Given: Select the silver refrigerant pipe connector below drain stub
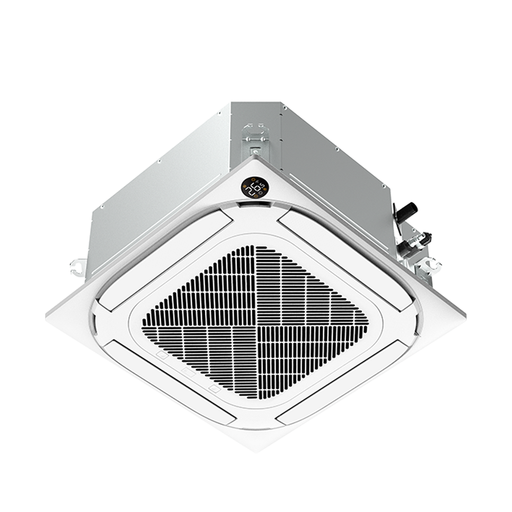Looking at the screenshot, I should click(x=416, y=241).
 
